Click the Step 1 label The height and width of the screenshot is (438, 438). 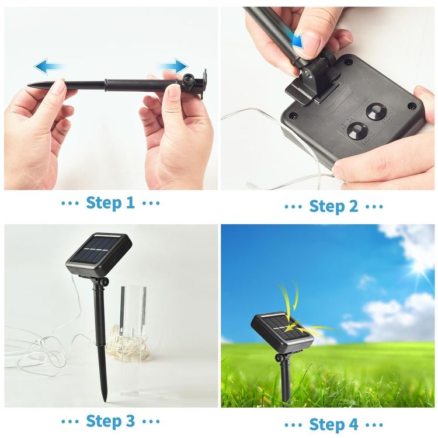pos(110,203)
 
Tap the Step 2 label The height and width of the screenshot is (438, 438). pos(333,206)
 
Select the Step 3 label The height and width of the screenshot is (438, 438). pos(110,420)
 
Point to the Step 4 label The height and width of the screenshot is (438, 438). pos(333,425)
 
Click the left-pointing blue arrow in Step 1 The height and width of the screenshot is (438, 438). pos(49,66)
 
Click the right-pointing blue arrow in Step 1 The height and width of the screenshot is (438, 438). pos(172,67)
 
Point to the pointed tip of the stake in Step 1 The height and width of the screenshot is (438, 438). pos(29,85)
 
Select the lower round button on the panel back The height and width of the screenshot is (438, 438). pos(357,131)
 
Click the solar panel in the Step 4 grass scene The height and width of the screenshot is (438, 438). pos(282,330)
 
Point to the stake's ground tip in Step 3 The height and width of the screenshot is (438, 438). pos(104,401)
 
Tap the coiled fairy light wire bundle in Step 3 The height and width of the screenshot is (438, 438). pos(128,343)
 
